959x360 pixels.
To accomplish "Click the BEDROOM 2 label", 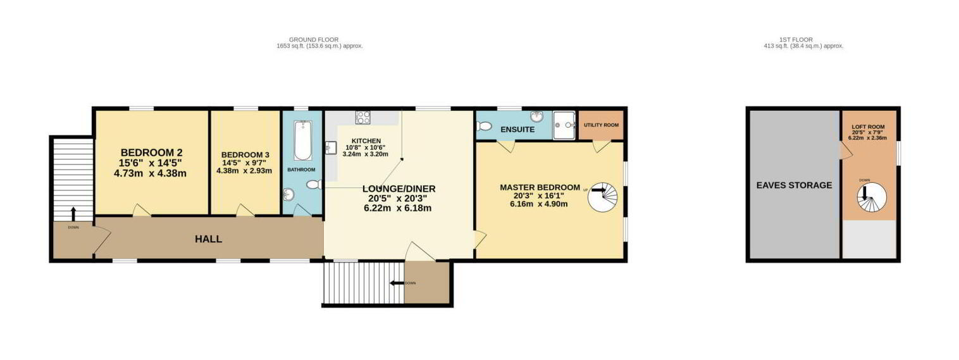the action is (x=152, y=152).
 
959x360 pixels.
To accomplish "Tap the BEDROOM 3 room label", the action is (x=245, y=155).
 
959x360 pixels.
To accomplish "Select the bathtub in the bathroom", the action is (x=303, y=140).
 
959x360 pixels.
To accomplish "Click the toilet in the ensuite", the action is (x=484, y=126).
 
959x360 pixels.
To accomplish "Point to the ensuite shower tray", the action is (x=564, y=125).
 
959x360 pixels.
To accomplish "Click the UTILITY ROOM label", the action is (x=601, y=125).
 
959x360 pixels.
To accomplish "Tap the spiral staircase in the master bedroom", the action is (x=603, y=197).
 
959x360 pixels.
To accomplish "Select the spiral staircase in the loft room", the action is (x=872, y=197).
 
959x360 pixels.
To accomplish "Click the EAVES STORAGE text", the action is (x=794, y=185).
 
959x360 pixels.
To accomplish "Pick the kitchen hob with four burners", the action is (x=363, y=117).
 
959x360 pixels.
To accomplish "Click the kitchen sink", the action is (x=331, y=148).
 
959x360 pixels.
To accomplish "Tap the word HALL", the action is (x=209, y=239).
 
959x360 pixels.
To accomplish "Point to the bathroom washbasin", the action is (x=288, y=195).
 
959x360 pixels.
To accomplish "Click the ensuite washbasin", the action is (x=536, y=116).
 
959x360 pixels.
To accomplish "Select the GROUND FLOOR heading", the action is (x=314, y=40).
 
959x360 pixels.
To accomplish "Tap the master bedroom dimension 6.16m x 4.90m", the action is (x=538, y=204).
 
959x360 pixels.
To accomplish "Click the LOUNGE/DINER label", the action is (x=399, y=189).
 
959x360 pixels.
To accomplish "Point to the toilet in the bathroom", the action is (x=314, y=185).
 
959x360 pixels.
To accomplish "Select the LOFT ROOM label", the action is (x=868, y=127).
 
